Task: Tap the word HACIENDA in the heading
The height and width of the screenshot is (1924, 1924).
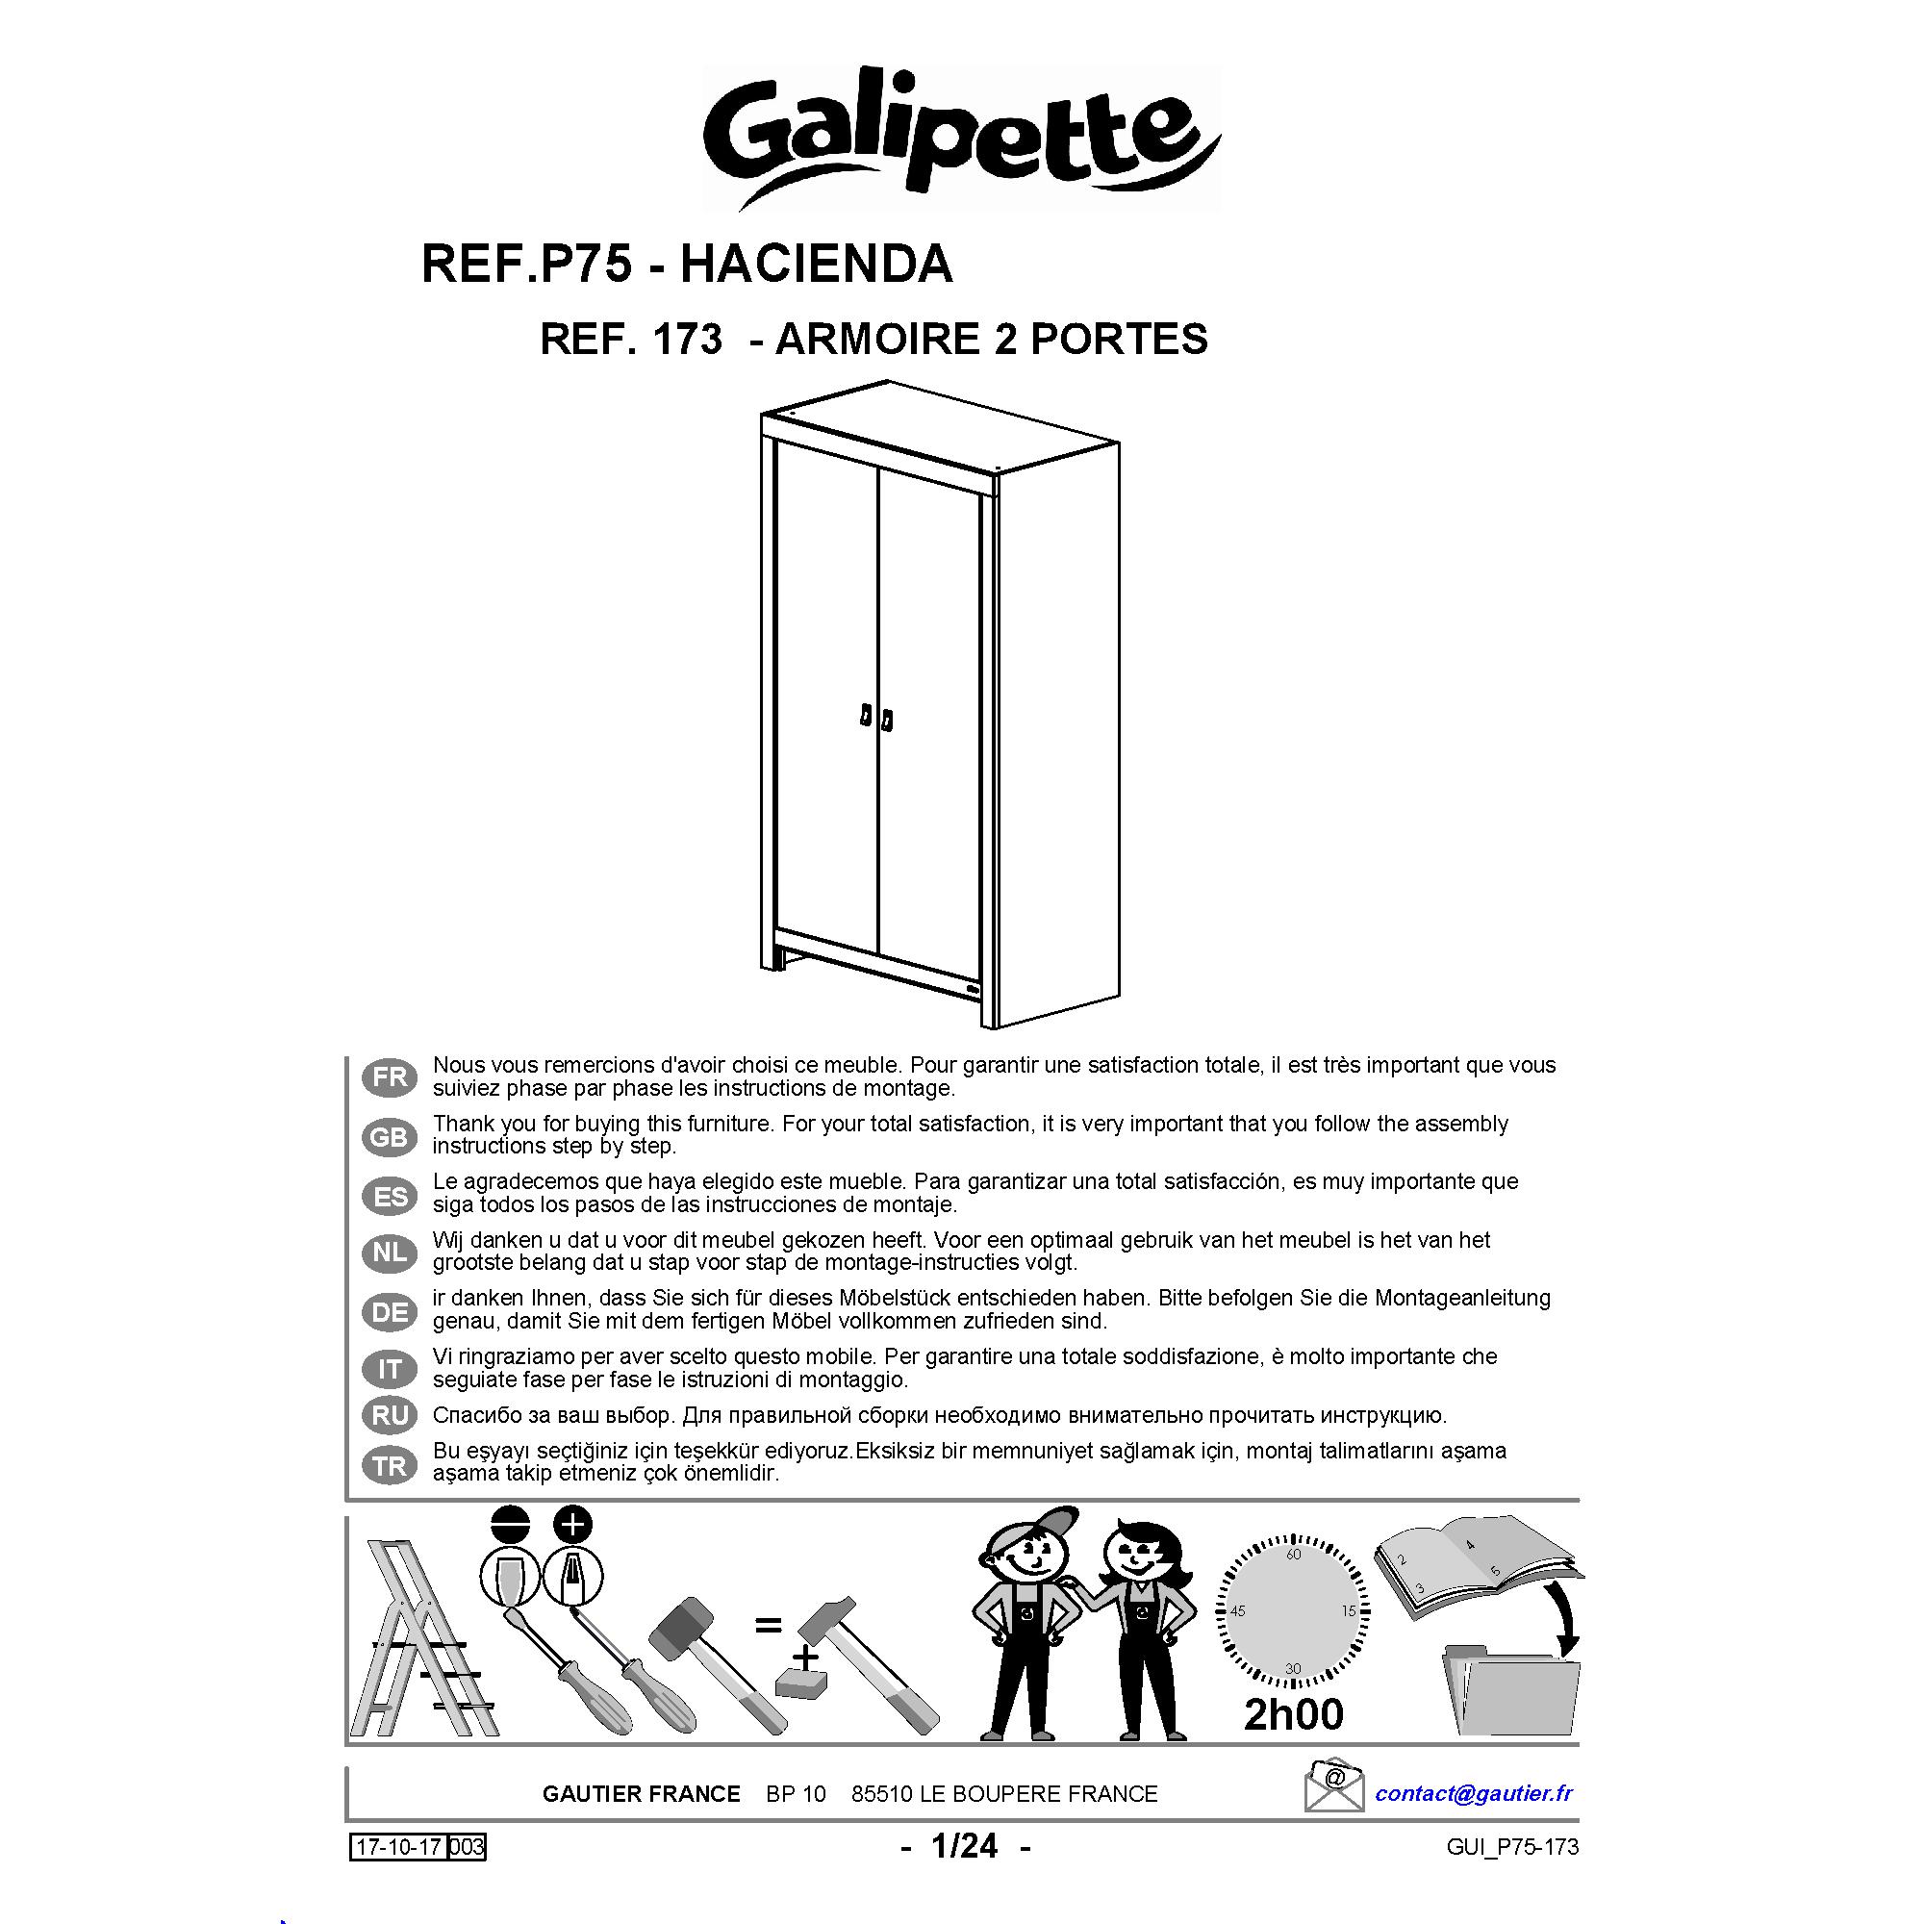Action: tap(817, 264)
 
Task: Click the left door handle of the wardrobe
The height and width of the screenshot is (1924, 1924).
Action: tap(866, 717)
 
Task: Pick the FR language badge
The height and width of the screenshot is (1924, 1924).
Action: tap(390, 1076)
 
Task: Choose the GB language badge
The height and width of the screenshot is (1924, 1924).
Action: tap(390, 1136)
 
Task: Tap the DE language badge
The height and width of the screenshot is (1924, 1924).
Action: tap(390, 1312)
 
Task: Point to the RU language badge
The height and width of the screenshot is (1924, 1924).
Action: tap(390, 1415)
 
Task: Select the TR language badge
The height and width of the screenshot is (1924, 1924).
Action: tap(390, 1466)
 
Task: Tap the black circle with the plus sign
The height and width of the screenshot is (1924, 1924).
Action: tap(572, 1524)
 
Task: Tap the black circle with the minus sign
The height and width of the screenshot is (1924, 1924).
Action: tap(510, 1524)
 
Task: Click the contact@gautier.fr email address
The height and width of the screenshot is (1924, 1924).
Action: tap(1474, 1793)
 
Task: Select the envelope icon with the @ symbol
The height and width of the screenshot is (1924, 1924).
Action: tap(1334, 1786)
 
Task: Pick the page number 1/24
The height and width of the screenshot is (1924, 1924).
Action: tap(964, 1846)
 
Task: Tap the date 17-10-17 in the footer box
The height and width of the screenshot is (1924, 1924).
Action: tap(398, 1848)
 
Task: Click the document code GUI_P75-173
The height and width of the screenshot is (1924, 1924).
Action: tap(1512, 1847)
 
